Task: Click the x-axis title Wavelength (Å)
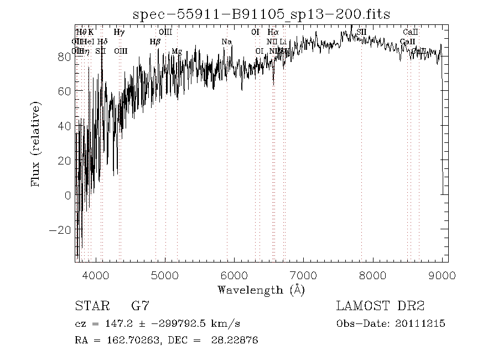261,290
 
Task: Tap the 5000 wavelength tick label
165,275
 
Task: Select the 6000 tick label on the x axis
235,275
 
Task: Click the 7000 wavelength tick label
304,275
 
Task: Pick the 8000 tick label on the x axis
373,275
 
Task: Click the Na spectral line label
226,42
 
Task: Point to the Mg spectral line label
177,52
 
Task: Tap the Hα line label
273,33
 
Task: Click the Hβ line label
155,42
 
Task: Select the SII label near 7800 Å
361,33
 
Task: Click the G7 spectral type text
140,306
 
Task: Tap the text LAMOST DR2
380,306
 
